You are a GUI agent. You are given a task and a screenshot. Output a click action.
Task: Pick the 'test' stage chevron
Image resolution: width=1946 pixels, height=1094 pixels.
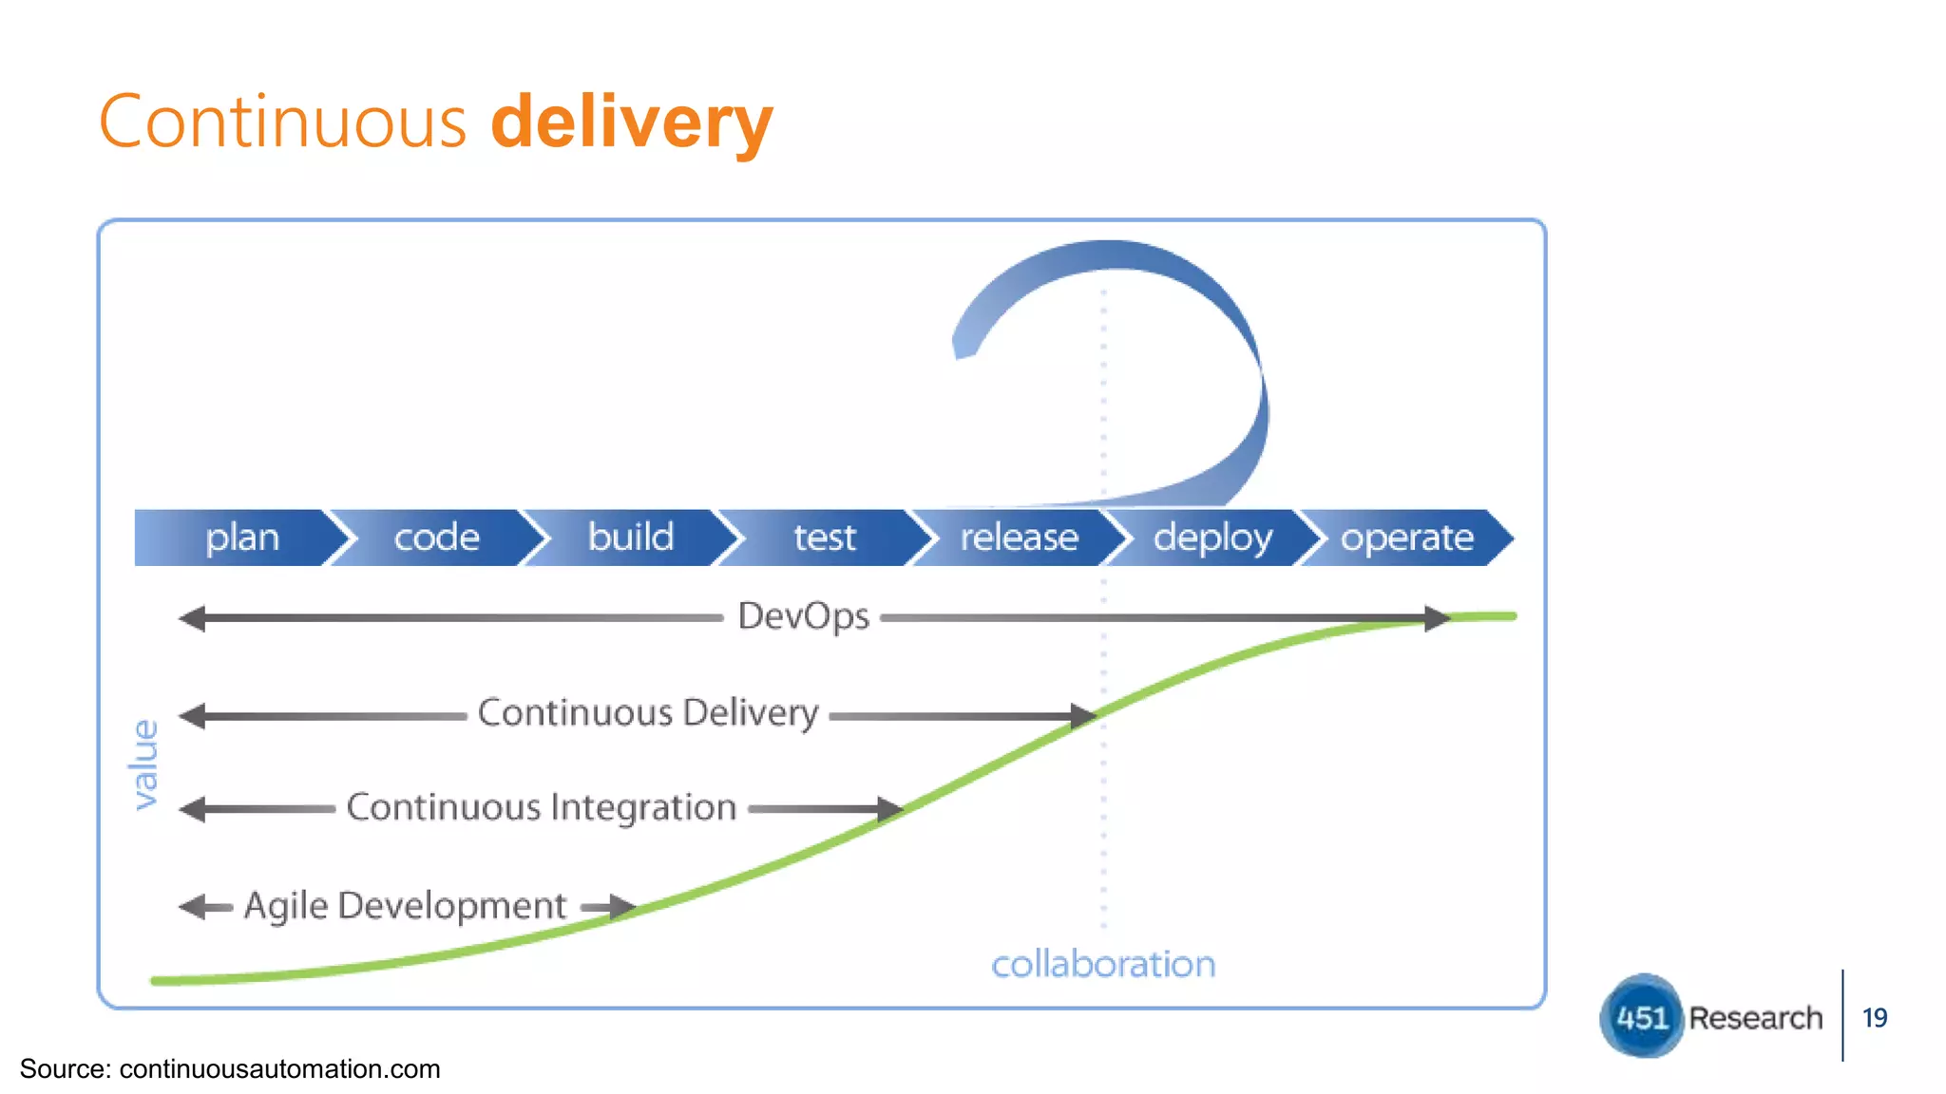pos(825,538)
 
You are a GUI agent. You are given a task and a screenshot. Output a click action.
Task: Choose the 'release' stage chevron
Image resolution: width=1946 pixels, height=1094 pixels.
pos(1019,538)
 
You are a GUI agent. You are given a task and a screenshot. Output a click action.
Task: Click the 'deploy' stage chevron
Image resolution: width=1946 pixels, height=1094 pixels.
pos(1212,538)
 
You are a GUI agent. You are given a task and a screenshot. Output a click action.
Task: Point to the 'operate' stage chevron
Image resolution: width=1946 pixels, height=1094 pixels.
pos(1406,538)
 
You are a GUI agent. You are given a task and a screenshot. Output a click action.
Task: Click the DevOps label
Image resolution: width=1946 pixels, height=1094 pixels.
pos(803,617)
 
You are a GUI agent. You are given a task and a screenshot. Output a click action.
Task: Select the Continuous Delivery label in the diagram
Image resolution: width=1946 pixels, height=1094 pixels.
pos(648,713)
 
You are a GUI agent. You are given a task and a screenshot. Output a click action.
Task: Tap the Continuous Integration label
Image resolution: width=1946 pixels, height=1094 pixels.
pos(541,808)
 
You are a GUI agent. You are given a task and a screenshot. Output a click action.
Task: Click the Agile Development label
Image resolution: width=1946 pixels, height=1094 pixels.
pos(405,906)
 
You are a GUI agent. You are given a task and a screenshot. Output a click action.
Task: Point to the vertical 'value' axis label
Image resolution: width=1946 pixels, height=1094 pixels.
pos(144,764)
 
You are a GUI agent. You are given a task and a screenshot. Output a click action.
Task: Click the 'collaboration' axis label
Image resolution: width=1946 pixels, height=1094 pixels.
pos(1103,965)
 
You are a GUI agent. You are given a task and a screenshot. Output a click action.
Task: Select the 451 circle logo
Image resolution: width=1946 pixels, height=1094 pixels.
pos(1641,1017)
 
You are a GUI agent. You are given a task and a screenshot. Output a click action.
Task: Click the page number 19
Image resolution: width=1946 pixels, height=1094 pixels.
pos(1875,1018)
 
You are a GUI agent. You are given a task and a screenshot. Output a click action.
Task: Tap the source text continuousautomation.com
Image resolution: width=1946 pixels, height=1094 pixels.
pos(279,1069)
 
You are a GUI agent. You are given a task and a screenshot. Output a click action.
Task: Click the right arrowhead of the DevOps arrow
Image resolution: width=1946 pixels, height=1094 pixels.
pos(1437,618)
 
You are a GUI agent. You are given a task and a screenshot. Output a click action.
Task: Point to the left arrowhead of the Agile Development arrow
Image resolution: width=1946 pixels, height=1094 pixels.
pos(192,907)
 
